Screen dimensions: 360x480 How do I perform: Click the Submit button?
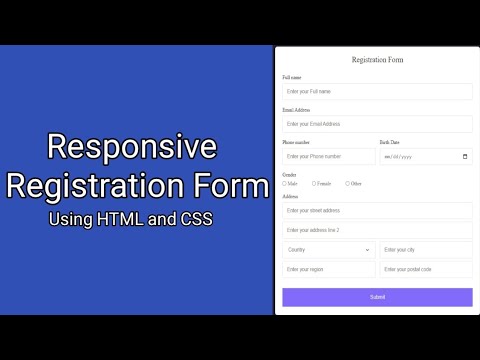pyautogui.click(x=377, y=297)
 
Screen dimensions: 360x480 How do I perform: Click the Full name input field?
pyautogui.click(x=377, y=91)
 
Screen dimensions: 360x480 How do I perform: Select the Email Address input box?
pyautogui.click(x=377, y=124)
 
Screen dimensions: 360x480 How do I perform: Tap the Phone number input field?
pyautogui.click(x=328, y=156)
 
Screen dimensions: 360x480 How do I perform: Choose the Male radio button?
pyautogui.click(x=285, y=183)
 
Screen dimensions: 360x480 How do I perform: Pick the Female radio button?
pyautogui.click(x=314, y=183)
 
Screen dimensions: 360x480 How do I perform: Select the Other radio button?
pyautogui.click(x=347, y=183)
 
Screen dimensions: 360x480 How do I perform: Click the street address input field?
pyautogui.click(x=377, y=211)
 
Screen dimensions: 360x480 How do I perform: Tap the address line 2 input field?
pyautogui.click(x=377, y=230)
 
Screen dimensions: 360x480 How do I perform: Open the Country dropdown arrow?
pyautogui.click(x=367, y=249)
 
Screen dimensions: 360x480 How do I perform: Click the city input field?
pyautogui.click(x=426, y=249)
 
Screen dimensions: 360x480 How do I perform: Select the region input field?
pyautogui.click(x=328, y=269)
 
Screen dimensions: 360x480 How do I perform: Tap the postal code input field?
pyautogui.click(x=426, y=269)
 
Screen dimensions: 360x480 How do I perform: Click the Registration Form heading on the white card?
pyautogui.click(x=377, y=60)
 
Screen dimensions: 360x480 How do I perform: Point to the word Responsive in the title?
pyautogui.click(x=133, y=147)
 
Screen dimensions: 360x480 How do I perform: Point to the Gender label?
pyautogui.click(x=289, y=174)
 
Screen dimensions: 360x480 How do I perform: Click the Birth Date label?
pyautogui.click(x=390, y=142)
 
